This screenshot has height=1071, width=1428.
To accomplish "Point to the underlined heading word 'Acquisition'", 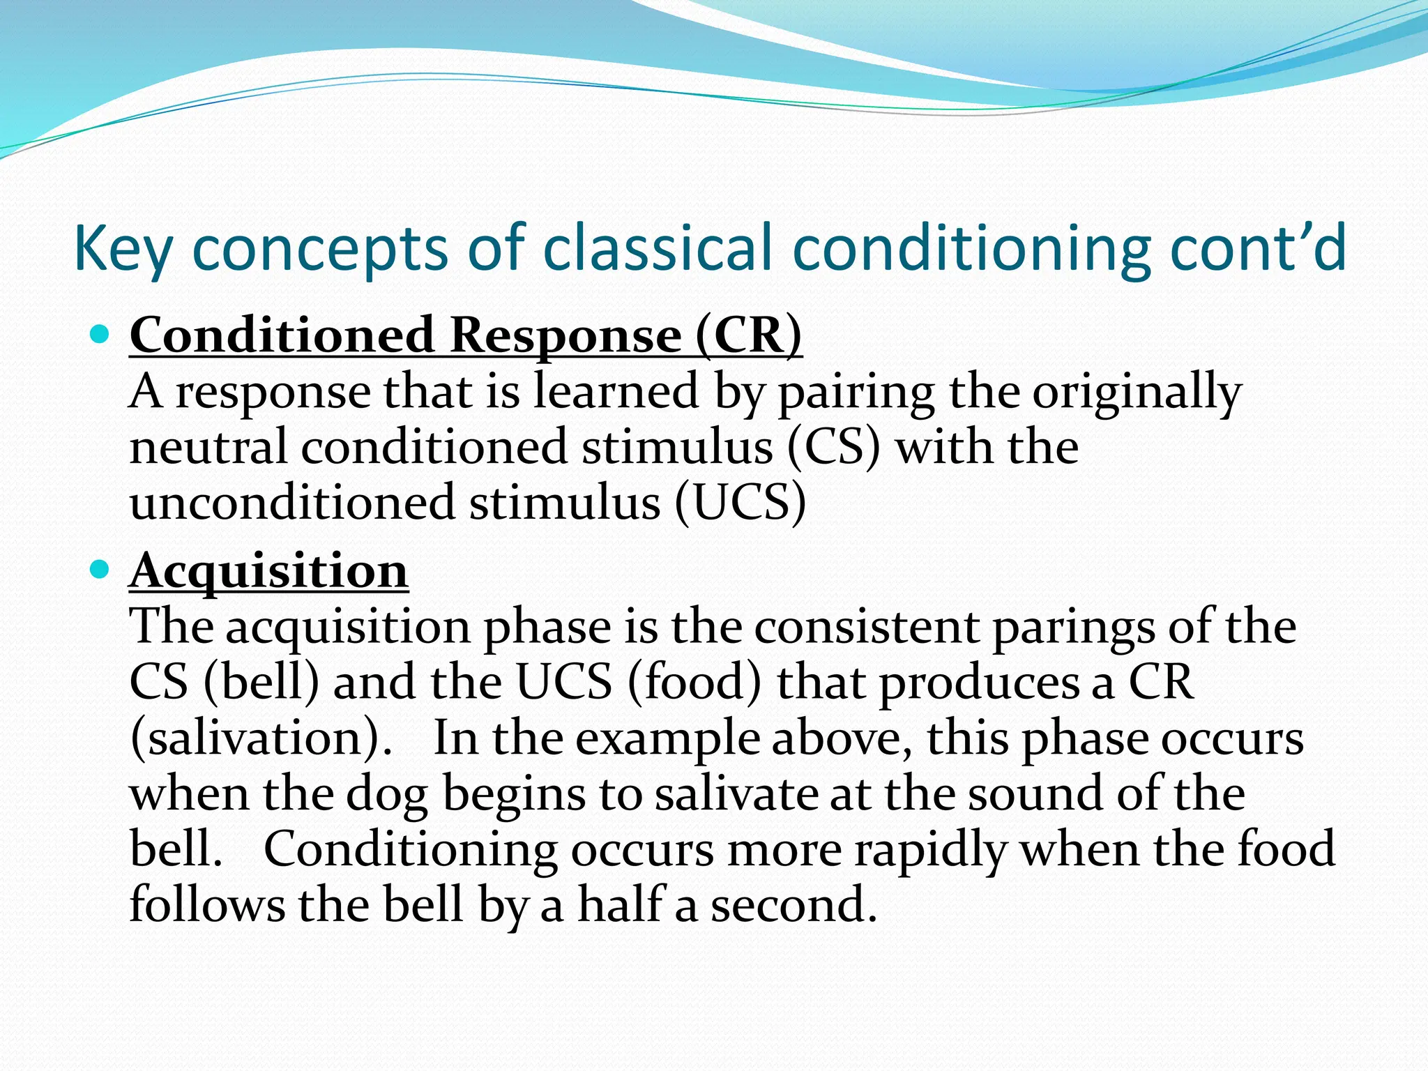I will coord(268,571).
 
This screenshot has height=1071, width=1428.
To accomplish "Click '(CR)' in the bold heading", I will coord(749,336).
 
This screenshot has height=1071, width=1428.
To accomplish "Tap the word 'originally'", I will coord(1137,393).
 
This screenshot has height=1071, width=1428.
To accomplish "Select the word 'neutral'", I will coord(208,447).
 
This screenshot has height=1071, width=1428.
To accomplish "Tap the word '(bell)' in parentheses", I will coord(261,682).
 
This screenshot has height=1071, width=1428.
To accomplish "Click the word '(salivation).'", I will coord(261,738).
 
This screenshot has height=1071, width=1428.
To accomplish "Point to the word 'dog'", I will coord(387,794).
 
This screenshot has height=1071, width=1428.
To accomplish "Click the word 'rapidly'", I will coord(931,850).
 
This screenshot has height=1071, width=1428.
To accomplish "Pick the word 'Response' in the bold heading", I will coord(565,336).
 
